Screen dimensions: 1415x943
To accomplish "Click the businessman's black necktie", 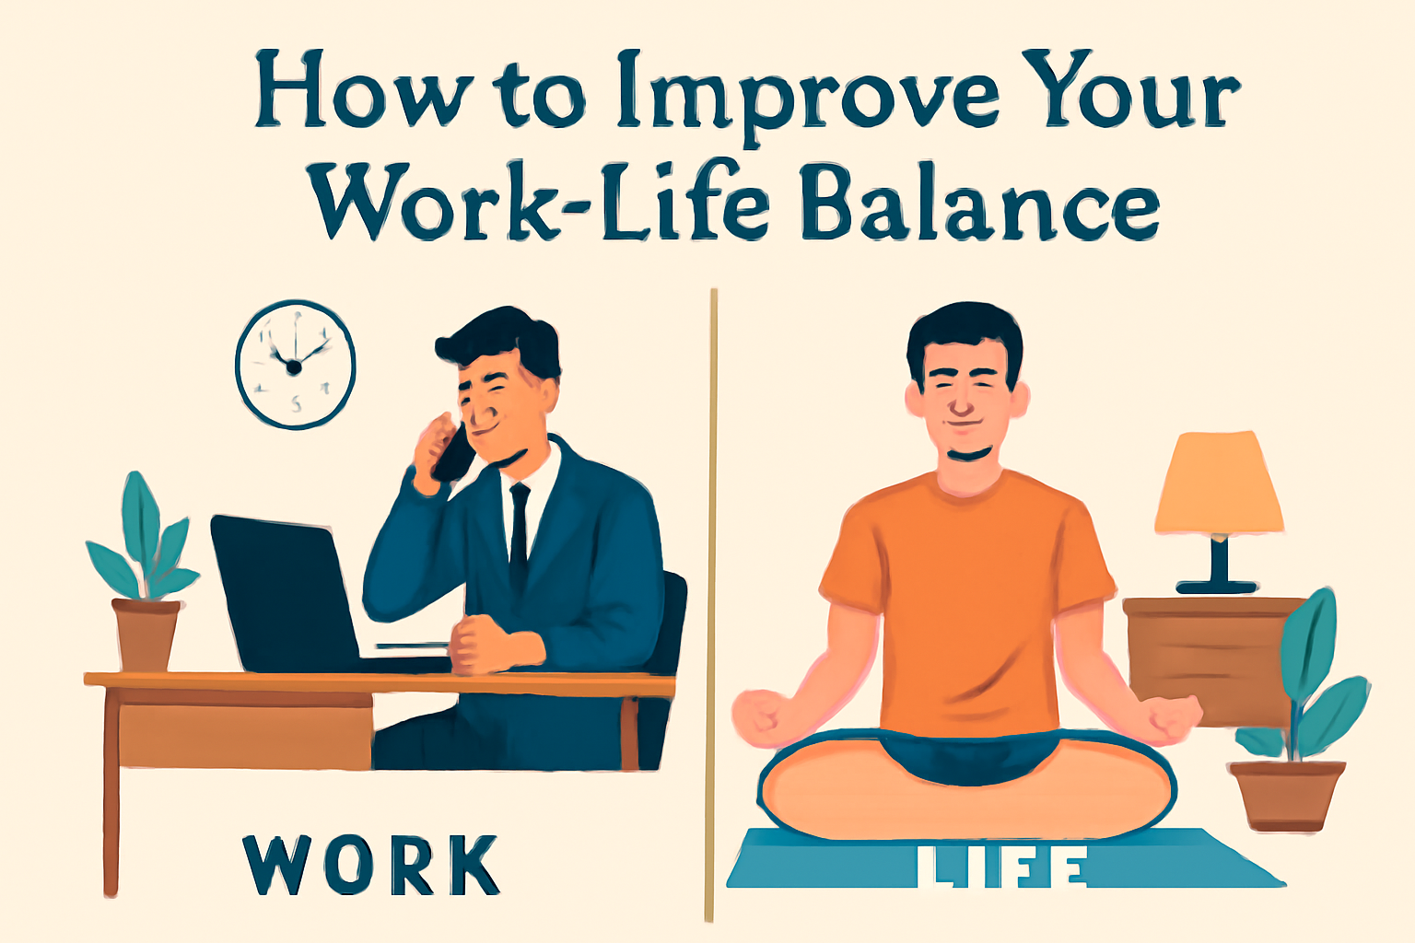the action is (x=519, y=530).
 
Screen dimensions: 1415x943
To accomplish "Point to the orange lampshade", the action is (x=1219, y=483).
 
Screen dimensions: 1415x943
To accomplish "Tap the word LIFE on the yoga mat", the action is (x=1002, y=866).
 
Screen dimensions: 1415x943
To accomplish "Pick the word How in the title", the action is (x=365, y=89).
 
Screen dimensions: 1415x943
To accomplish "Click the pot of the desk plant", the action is (x=146, y=634).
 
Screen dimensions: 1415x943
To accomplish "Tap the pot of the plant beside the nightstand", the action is (x=1286, y=795).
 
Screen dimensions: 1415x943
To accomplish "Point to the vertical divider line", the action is (x=711, y=605).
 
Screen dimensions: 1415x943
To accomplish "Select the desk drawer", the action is (x=245, y=728).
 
